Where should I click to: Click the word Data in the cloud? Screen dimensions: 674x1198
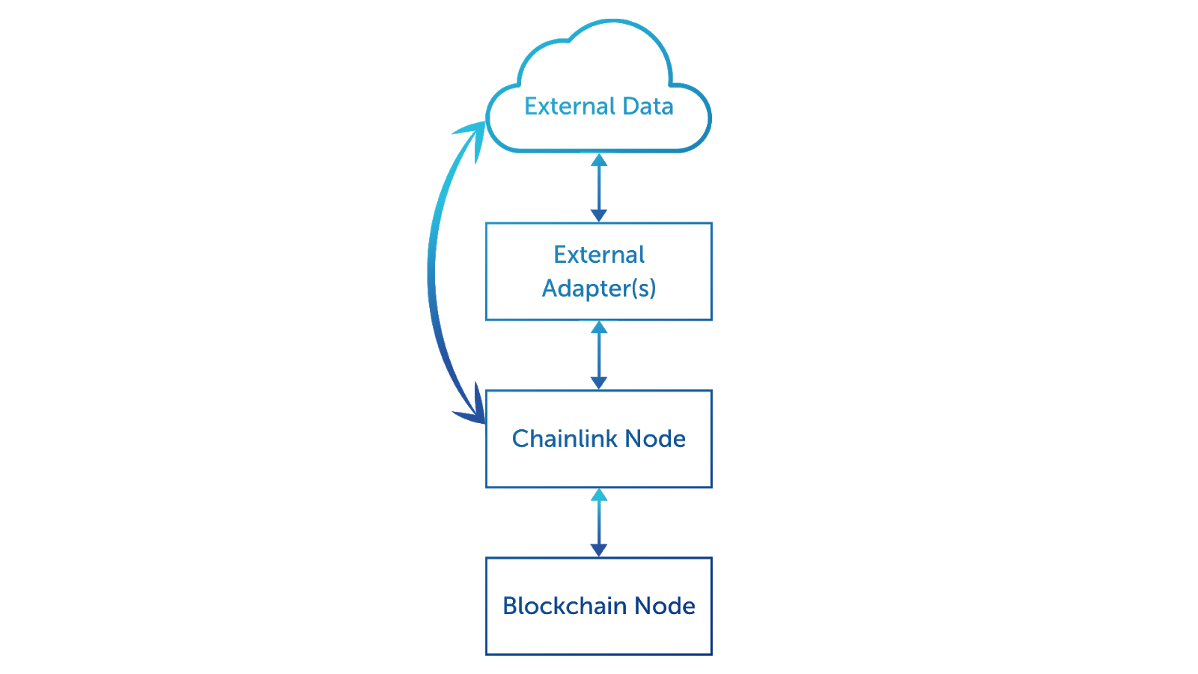pyautogui.click(x=648, y=106)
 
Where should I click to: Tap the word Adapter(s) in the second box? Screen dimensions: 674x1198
pyautogui.click(x=599, y=288)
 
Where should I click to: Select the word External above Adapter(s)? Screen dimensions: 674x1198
pyautogui.click(x=599, y=255)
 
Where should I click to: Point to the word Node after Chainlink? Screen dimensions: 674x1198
pyautogui.click(x=655, y=439)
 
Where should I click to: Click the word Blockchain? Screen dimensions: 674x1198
pyautogui.click(x=565, y=606)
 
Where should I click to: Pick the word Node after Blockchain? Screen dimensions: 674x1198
pyautogui.click(x=665, y=606)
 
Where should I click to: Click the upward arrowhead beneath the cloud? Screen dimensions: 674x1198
pyautogui.click(x=599, y=160)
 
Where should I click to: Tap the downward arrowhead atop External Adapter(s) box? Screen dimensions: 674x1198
pyautogui.click(x=599, y=216)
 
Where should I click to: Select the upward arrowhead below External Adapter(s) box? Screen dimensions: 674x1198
pyautogui.click(x=599, y=327)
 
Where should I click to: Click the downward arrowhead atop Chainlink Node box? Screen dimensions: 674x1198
pyautogui.click(x=599, y=383)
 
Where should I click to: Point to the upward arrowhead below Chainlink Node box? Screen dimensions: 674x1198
pyautogui.click(x=599, y=495)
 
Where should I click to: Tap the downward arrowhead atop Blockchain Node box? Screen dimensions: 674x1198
pyautogui.click(x=599, y=550)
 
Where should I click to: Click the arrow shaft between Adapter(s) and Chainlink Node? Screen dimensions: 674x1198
pyautogui.click(x=599, y=356)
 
